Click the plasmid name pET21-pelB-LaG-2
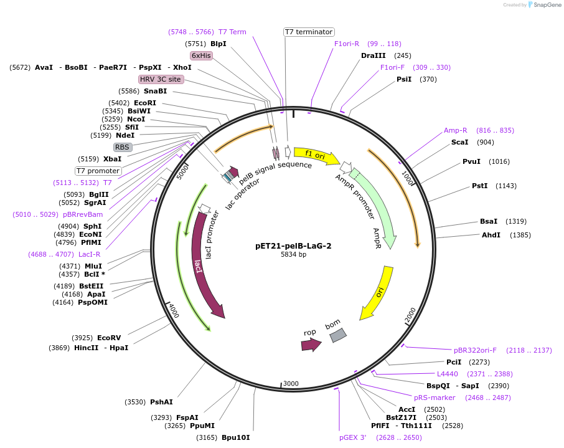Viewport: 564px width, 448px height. pos(293,245)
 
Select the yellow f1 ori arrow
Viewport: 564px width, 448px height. pos(316,155)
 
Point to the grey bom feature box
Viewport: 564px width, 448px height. pos(337,335)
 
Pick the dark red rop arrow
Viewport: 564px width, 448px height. pos(311,344)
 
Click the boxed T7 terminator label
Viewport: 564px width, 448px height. pos(309,32)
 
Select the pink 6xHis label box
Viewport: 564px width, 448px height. pos(201,55)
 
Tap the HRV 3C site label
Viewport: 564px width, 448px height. pos(161,79)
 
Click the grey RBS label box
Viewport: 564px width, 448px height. pos(123,147)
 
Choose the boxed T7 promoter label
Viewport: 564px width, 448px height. pos(98,171)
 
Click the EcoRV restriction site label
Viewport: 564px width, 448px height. pos(109,338)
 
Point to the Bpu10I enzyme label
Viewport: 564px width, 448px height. pos(235,437)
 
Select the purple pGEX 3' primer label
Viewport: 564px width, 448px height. pos(352,437)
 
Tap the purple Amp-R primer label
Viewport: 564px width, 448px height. pos(455,130)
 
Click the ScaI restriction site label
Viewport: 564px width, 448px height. pos(459,142)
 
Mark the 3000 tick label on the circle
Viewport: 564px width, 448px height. pos(291,384)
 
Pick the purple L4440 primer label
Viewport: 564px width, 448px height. pos(447,374)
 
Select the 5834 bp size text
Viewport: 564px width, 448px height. pos(293,254)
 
